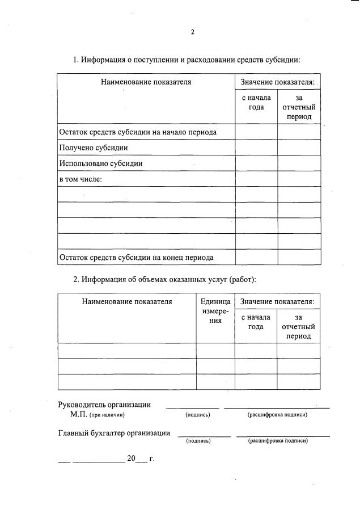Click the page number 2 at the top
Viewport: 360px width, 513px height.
click(x=192, y=32)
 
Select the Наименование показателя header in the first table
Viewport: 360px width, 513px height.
click(x=146, y=82)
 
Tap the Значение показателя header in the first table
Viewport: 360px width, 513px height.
click(x=277, y=82)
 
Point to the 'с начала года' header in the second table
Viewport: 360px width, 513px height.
click(x=256, y=322)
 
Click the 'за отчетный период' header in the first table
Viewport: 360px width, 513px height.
click(x=298, y=107)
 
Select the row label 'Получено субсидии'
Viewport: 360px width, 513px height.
click(x=93, y=148)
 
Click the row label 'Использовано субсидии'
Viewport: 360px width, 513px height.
click(x=100, y=163)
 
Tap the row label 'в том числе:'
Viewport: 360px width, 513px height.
click(x=80, y=179)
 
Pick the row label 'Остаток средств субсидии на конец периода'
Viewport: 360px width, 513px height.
click(x=136, y=257)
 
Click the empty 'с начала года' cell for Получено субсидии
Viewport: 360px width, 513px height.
click(x=256, y=148)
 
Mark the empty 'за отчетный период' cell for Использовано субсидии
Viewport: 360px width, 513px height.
click(x=298, y=163)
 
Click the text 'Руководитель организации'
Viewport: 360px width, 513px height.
click(x=104, y=405)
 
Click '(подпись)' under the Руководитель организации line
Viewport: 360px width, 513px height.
click(x=198, y=415)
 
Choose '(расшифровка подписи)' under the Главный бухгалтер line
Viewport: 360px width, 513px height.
click(x=278, y=440)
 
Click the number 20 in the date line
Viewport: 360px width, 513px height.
click(x=131, y=459)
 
